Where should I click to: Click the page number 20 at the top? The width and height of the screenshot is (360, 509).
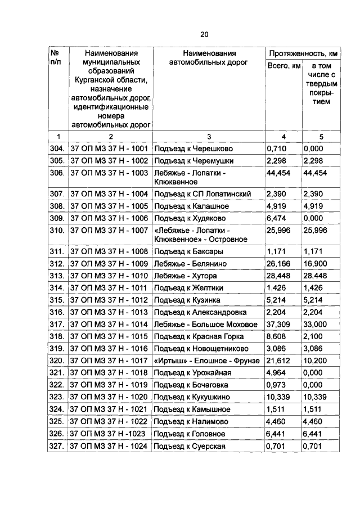pos(204,34)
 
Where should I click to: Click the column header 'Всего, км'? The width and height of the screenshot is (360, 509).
pos(283,67)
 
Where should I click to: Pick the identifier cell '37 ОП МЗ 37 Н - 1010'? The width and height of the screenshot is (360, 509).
pos(109,276)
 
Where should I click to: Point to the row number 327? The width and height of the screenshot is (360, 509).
pos(57,446)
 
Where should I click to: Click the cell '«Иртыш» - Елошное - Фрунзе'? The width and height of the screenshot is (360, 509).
pos(206,361)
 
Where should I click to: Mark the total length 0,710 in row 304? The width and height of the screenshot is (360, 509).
pos(277,149)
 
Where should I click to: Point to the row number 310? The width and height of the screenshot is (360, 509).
pos(57,231)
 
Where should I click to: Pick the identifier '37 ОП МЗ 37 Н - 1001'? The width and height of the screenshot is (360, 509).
pos(109,149)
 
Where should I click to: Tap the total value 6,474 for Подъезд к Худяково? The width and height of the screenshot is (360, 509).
pos(277,218)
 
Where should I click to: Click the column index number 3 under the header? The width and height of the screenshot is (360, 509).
pos(209,136)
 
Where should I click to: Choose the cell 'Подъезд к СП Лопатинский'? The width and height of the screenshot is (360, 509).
pos(202,193)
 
